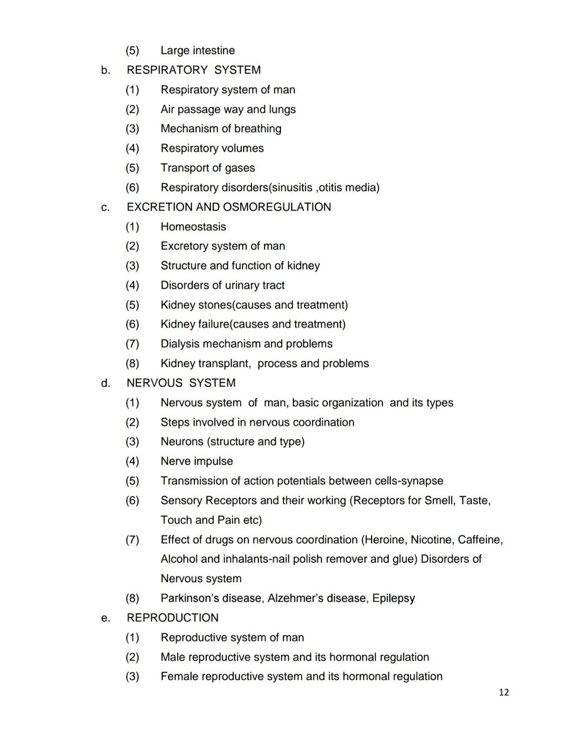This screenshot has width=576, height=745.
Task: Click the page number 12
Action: pyautogui.click(x=504, y=692)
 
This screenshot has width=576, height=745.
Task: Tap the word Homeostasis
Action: pyautogui.click(x=193, y=227)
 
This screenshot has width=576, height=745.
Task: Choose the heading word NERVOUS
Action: pyautogui.click(x=155, y=383)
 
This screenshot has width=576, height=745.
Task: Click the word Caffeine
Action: pyautogui.click(x=480, y=540)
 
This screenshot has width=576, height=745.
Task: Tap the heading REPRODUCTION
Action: pyautogui.click(x=172, y=618)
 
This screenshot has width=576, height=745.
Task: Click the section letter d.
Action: pyautogui.click(x=106, y=383)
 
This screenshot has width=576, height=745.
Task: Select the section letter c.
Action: pyautogui.click(x=105, y=208)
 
